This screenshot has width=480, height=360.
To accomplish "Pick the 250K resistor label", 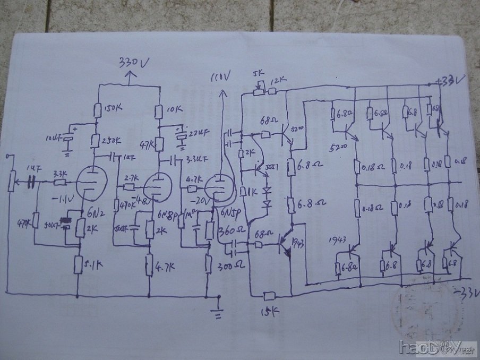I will pos(110,141).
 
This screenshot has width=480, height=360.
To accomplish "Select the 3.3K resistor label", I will pos(59,174).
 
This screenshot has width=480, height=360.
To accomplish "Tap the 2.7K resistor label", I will pos(131,179).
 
